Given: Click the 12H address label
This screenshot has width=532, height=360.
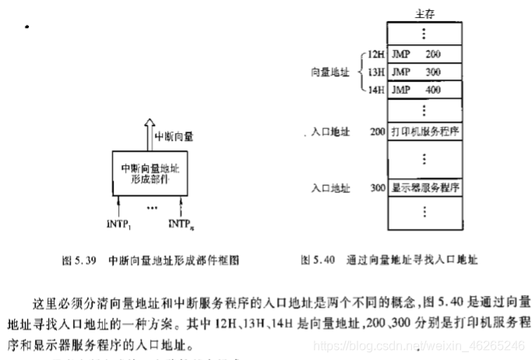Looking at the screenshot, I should pyautogui.click(x=377, y=55).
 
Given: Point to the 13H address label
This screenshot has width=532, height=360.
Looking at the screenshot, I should pyautogui.click(x=377, y=72).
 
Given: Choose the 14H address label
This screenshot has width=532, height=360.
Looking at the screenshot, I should pyautogui.click(x=377, y=90).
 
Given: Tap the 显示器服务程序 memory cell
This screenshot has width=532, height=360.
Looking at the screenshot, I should pyautogui.click(x=425, y=188).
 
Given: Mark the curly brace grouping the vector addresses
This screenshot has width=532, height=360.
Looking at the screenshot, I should pyautogui.click(x=360, y=72).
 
